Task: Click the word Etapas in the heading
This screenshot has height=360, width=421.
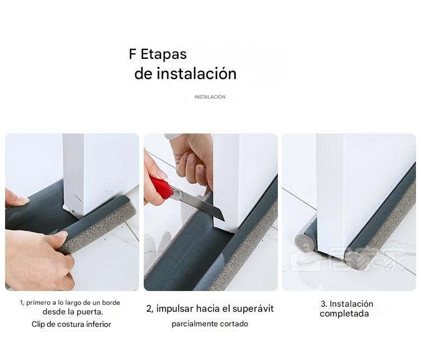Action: (163, 54)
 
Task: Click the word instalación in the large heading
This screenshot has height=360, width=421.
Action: (197, 73)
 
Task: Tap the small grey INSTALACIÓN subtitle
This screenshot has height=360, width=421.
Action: (210, 97)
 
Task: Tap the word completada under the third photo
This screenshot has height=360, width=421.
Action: (344, 313)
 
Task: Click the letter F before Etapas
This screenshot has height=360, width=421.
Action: (132, 54)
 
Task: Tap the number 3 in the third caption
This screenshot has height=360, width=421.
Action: (323, 304)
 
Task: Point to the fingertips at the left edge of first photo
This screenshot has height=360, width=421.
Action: (16, 199)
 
